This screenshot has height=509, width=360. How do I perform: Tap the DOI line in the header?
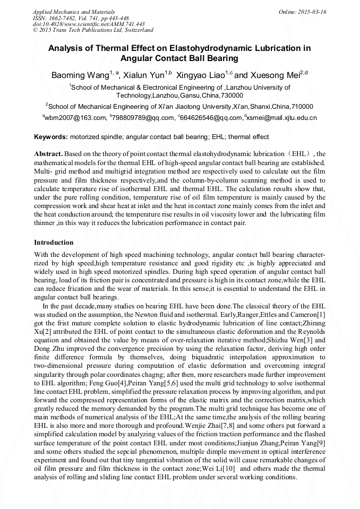pos(89,24)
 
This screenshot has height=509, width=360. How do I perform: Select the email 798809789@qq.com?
pos(144,118)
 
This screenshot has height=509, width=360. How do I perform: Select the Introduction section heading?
pos(54,242)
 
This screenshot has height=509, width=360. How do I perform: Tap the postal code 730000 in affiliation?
pos(232,96)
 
